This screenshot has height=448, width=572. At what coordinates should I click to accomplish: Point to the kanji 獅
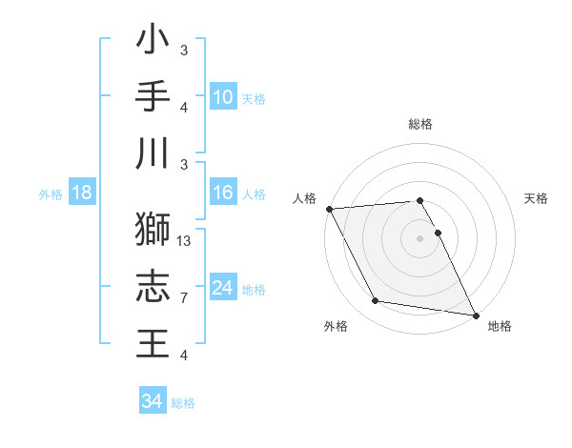(153, 229)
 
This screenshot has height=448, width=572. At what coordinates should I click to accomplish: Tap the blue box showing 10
(222, 96)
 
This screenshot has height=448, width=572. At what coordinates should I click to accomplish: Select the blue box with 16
(222, 193)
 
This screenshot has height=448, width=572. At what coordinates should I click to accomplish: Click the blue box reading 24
(222, 288)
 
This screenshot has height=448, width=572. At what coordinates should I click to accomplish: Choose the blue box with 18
(82, 193)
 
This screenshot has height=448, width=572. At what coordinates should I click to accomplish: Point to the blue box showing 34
(152, 401)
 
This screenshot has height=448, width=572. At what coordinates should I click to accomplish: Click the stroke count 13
(185, 241)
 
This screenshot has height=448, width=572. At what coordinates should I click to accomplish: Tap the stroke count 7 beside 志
(184, 298)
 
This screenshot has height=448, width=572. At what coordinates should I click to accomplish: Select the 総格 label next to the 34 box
(183, 403)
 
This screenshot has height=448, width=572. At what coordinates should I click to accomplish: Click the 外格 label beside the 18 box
(51, 194)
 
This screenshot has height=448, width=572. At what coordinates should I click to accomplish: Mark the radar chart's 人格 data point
(329, 209)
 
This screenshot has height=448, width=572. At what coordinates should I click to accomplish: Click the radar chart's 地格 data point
(475, 315)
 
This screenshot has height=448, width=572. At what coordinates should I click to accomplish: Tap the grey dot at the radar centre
(419, 238)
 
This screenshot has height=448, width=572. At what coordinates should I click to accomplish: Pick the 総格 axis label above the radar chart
(419, 124)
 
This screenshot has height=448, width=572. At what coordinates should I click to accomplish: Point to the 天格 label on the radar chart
(537, 198)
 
